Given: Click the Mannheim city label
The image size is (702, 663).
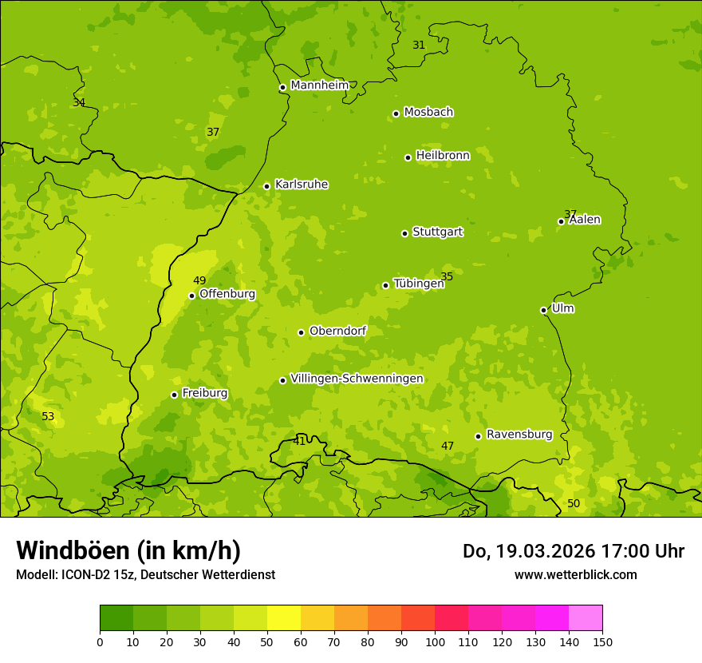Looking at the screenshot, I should point(319,85).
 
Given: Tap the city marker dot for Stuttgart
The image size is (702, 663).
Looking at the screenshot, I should point(404,233).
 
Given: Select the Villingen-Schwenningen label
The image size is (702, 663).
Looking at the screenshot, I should point(357,379).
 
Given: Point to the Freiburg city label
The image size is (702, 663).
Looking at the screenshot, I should point(204,393).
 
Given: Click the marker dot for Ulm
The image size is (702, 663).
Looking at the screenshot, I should point(543,310).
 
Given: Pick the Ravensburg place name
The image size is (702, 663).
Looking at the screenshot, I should point(519,435).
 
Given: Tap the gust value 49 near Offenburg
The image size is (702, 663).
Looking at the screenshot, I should point(199,280).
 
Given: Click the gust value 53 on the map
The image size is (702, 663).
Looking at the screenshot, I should point(48,416).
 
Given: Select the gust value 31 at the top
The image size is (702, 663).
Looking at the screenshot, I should point(419,45).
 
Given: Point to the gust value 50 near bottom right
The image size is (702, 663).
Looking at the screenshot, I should point(574,503).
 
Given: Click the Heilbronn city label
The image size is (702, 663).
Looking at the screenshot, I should point(443,156).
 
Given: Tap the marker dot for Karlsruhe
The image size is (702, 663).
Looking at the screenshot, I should point(266,186).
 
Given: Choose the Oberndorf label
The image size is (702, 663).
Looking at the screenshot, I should point(337,331).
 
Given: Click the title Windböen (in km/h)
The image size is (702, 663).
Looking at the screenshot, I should point(128,550).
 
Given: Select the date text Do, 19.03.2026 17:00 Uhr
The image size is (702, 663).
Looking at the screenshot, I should point(573,551).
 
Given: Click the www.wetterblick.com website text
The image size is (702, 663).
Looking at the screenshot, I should point(575,574).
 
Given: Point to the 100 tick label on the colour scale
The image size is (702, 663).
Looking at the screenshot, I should point(435,641).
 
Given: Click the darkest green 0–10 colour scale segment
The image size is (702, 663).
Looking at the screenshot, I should point(116,618).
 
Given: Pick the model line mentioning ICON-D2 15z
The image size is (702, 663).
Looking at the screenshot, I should point(145,574).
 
